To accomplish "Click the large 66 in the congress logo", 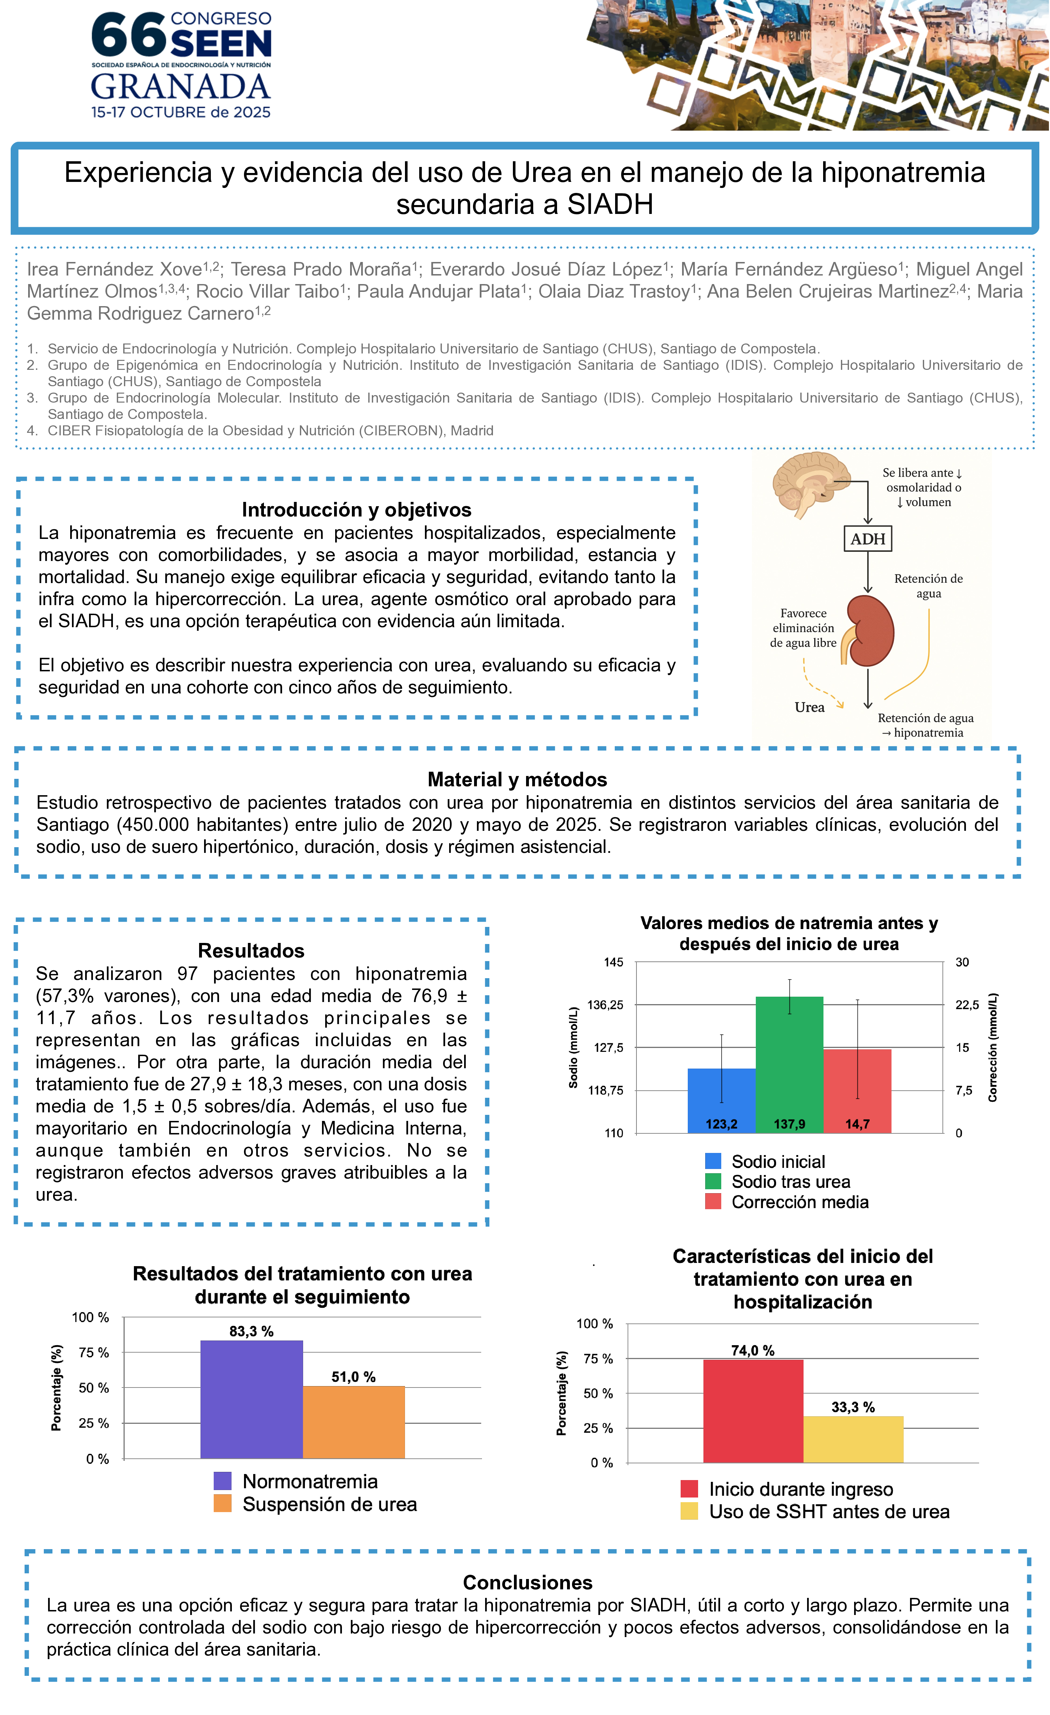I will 129,35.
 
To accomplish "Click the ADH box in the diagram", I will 868,539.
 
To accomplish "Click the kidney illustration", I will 870,631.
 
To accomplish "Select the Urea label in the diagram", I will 809,707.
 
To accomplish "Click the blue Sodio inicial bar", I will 721,1099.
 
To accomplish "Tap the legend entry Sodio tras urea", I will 790,1182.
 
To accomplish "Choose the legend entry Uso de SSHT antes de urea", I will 828,1512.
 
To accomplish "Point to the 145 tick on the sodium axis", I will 613,963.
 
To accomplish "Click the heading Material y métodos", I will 517,780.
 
